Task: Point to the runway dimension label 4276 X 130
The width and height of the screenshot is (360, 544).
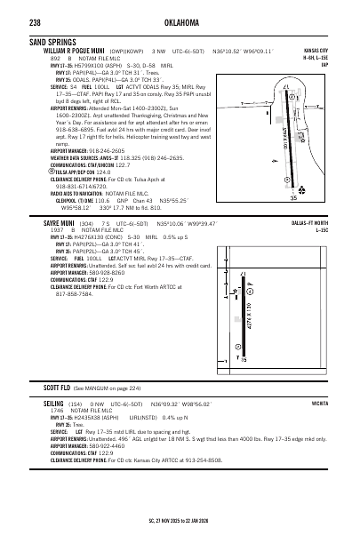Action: point(251,303)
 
